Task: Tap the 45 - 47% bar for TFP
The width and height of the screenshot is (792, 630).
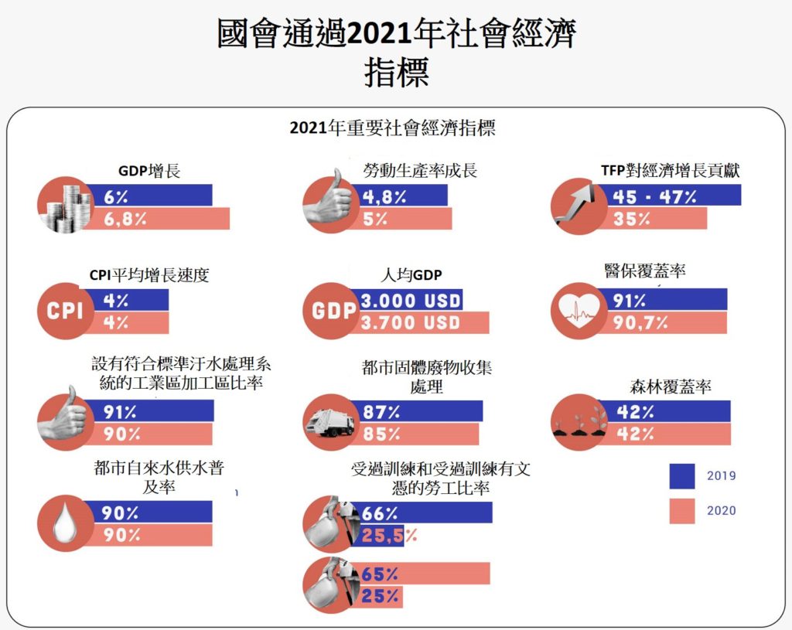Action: click(673, 196)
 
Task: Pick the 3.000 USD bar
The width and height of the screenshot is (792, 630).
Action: click(410, 300)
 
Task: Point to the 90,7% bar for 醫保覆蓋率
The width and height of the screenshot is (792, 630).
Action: click(665, 322)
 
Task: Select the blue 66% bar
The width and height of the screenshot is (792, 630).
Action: click(422, 513)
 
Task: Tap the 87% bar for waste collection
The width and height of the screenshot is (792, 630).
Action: click(418, 411)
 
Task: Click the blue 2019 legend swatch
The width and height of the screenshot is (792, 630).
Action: click(682, 476)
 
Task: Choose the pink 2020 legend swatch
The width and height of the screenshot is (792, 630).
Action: click(682, 511)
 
